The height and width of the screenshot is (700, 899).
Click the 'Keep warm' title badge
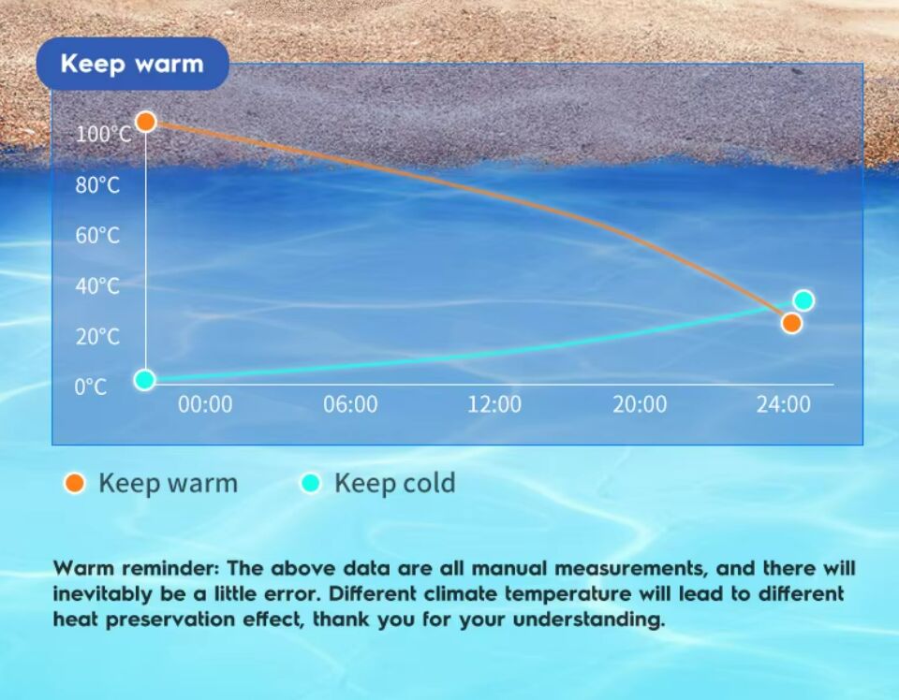pyautogui.click(x=132, y=64)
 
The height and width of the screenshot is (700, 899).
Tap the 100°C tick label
pyautogui.click(x=104, y=135)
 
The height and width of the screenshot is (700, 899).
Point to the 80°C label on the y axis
pyautogui.click(x=97, y=185)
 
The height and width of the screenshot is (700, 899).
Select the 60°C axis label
pyautogui.click(x=97, y=236)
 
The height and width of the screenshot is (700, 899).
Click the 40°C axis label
pyautogui.click(x=97, y=285)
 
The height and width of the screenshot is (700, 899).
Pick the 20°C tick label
pyautogui.click(x=97, y=336)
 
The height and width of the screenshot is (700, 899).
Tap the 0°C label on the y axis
pyautogui.click(x=91, y=387)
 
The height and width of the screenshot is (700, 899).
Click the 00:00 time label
pyautogui.click(x=205, y=404)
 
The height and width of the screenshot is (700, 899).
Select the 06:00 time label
pyautogui.click(x=350, y=404)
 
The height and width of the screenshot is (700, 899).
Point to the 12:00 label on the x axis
pyautogui.click(x=494, y=404)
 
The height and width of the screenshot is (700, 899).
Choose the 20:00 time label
pyautogui.click(x=640, y=404)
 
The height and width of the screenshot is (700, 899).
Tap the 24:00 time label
pyautogui.click(x=783, y=404)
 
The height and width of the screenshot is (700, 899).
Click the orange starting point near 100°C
pyautogui.click(x=146, y=122)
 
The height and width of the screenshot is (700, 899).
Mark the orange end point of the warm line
pyautogui.click(x=791, y=323)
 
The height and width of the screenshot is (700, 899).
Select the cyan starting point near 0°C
pyautogui.click(x=144, y=379)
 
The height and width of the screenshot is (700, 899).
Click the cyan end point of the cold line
pyautogui.click(x=803, y=300)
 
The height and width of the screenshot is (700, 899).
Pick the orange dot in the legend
pyautogui.click(x=75, y=483)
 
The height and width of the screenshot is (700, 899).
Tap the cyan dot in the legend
pyautogui.click(x=310, y=483)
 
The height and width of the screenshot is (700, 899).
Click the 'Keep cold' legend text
pyautogui.click(x=395, y=483)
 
